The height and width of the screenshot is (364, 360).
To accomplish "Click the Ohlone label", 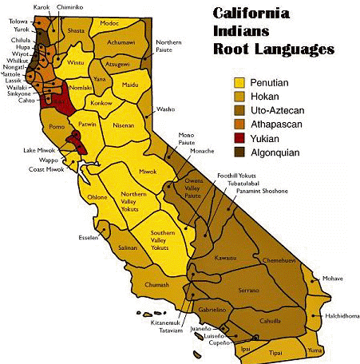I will tap(97, 196).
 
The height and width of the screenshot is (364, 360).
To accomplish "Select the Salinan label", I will tap(128, 248).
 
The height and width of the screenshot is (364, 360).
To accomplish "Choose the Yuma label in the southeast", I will tap(314, 349).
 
